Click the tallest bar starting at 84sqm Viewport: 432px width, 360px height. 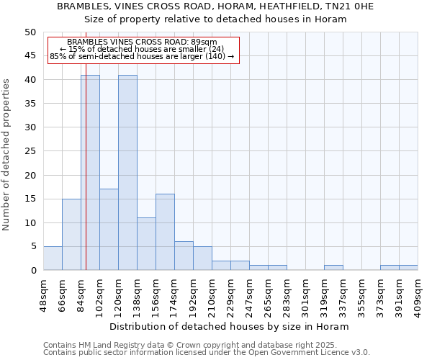tap(90, 173)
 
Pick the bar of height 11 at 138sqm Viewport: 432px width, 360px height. tap(146, 244)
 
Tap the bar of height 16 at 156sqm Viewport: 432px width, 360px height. tap(165, 232)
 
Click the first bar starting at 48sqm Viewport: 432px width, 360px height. tap(53, 258)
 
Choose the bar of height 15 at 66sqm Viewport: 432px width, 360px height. tap(71, 235)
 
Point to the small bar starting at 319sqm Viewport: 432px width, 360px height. tap(333, 268)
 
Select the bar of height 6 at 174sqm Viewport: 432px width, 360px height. tap(184, 256)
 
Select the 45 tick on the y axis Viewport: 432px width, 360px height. tap(30, 55)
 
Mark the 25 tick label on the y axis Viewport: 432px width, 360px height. tap(30, 151)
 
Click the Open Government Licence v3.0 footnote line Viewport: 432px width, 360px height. tap(207, 352)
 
